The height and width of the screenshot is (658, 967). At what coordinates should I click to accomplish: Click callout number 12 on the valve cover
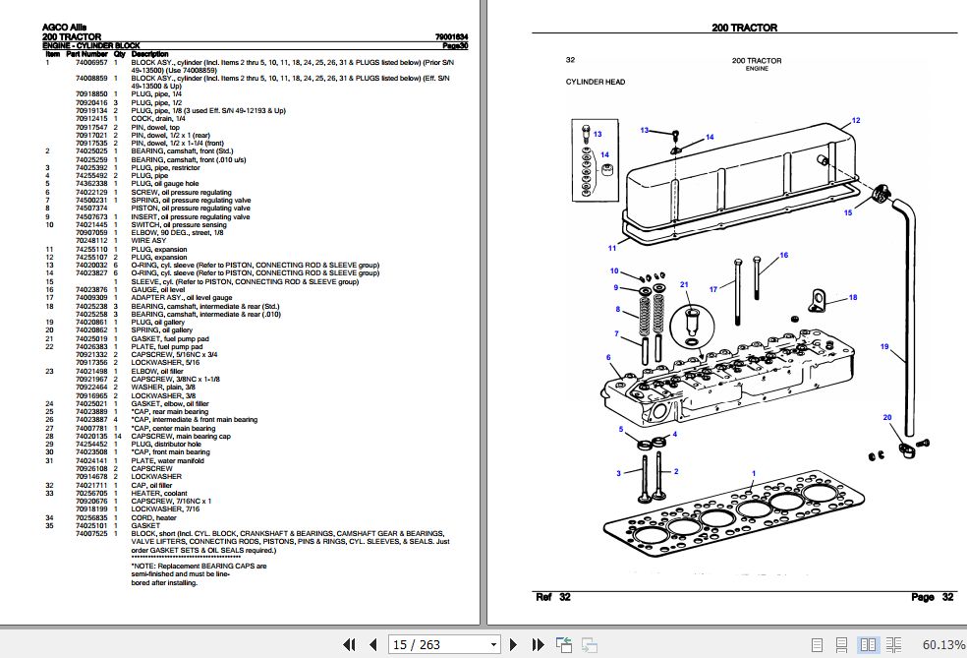click(x=855, y=120)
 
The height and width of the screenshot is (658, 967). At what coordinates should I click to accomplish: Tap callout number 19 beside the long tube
click(x=884, y=346)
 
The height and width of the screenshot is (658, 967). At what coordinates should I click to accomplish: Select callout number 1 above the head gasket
click(x=753, y=473)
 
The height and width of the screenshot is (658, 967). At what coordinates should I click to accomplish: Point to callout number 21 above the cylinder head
click(x=685, y=285)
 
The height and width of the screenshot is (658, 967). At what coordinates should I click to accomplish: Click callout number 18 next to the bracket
click(x=853, y=297)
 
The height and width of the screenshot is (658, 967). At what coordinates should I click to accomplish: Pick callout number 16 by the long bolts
click(x=783, y=256)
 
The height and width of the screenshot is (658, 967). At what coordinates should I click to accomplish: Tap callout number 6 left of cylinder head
click(x=608, y=357)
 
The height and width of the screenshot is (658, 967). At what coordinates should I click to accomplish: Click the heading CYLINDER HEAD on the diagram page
click(x=595, y=83)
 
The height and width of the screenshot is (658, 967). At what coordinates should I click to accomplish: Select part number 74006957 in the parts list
click(x=91, y=61)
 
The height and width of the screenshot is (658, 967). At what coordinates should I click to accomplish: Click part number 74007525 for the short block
click(x=91, y=533)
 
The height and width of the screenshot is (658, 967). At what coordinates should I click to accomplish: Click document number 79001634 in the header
click(x=451, y=37)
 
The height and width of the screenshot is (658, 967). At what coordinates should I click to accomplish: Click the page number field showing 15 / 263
click(x=444, y=645)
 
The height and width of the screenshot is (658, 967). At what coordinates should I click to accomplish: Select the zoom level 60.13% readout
click(x=943, y=645)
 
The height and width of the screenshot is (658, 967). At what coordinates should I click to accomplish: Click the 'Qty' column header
click(x=119, y=53)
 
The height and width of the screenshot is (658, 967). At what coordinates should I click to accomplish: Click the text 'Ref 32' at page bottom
click(x=552, y=597)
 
